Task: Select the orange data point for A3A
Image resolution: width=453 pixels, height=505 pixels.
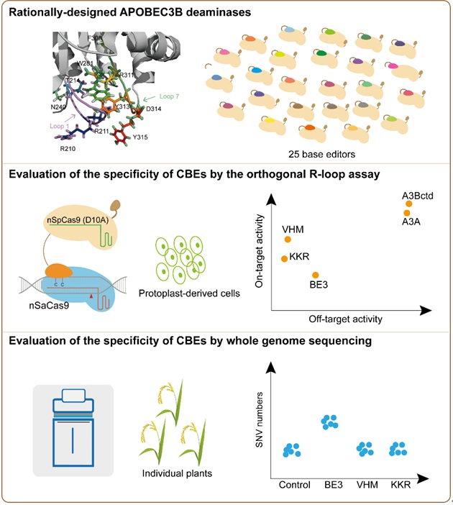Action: [x=407, y=212]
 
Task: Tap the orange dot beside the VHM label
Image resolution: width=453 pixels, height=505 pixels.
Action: [x=288, y=240]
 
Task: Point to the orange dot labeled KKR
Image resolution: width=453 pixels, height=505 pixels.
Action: [x=285, y=258]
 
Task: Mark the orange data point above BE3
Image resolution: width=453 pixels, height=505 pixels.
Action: [x=315, y=275]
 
